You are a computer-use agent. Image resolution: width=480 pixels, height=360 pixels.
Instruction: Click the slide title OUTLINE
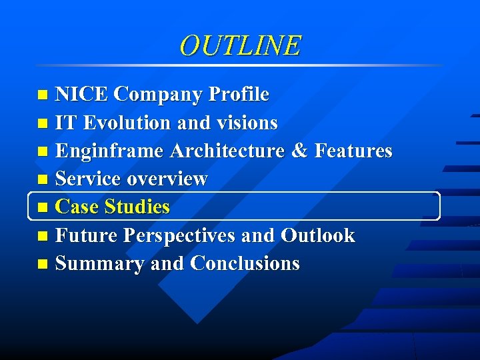(x=240, y=45)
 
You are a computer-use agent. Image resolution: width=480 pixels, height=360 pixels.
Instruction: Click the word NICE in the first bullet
(x=81, y=95)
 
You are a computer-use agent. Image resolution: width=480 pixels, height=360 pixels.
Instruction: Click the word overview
(x=167, y=179)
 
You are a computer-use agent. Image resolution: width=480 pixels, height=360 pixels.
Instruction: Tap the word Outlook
(x=318, y=236)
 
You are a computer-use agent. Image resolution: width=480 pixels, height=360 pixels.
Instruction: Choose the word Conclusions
(x=245, y=264)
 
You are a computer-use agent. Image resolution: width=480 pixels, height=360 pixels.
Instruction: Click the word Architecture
(x=228, y=151)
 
